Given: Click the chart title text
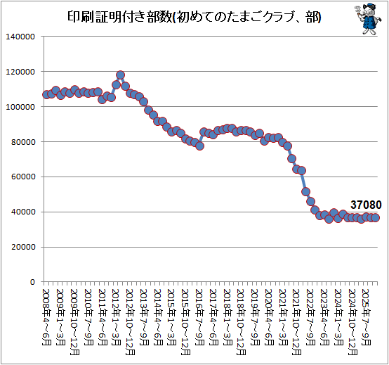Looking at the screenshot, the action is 194,18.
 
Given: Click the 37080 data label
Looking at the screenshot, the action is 366,205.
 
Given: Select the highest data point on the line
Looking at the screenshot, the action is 120,75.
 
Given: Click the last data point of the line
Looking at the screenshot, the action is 376,217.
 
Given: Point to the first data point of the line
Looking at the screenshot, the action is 46,95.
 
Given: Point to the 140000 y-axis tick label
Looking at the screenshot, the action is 20,37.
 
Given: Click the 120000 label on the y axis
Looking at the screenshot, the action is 20,72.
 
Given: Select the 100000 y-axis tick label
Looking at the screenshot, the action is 20,107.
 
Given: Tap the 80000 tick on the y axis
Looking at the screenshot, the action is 23,142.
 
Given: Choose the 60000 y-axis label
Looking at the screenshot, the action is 23,177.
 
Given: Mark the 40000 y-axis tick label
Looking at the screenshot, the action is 23,212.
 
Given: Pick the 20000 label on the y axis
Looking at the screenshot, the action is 23,248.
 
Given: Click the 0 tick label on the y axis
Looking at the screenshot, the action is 32,283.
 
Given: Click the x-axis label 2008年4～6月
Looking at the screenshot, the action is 46,317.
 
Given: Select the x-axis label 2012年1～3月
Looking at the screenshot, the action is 116,317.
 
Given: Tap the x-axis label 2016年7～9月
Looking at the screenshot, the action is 199,317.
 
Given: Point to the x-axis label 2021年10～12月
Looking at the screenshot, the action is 296,322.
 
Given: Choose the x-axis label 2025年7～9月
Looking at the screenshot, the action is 366,317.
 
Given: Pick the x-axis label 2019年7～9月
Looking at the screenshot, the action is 255,317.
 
